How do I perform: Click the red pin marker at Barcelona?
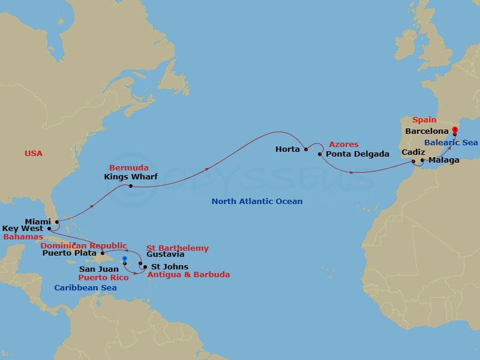[x=454, y=130]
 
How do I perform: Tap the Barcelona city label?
[x=427, y=131]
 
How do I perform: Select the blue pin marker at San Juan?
[x=124, y=260]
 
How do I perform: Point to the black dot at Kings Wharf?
[x=130, y=186]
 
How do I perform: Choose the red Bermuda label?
[x=128, y=167]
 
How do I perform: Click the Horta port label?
[x=287, y=149]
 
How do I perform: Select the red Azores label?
[x=344, y=145]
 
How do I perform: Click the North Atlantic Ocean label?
[x=257, y=202]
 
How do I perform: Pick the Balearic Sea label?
[x=451, y=143]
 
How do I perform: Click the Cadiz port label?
[x=413, y=153]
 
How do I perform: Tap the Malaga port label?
[x=444, y=160]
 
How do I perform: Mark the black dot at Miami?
[x=56, y=222]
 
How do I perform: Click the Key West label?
[x=23, y=229]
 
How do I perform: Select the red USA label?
[x=34, y=154]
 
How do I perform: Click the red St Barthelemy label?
[x=178, y=248]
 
